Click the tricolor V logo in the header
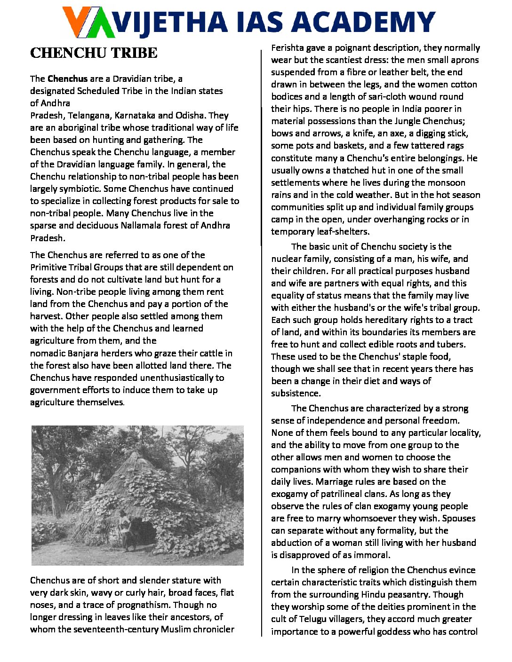[x=89, y=22]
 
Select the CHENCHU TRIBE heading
[x=94, y=53]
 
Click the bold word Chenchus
[x=67, y=79]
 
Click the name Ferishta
[x=287, y=47]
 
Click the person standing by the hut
[x=125, y=528]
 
